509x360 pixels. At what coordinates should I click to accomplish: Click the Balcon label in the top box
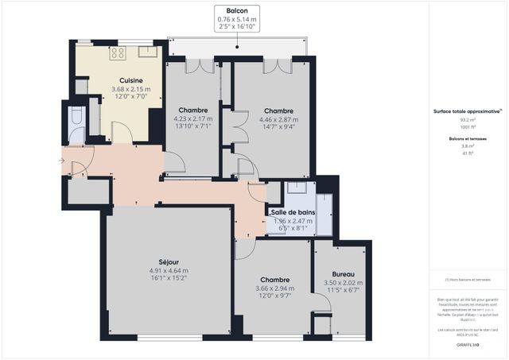click(x=236, y=11)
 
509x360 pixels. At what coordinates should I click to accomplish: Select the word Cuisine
click(x=131, y=81)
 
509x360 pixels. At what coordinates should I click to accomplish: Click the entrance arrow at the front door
click(x=62, y=161)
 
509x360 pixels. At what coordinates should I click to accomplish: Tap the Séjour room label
click(x=168, y=261)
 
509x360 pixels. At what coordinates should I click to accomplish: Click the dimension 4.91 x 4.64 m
click(x=168, y=271)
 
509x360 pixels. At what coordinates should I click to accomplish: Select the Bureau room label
click(x=343, y=273)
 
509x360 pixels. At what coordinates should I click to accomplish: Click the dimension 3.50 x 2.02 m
click(x=343, y=283)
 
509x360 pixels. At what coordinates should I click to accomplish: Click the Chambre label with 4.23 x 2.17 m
click(x=193, y=110)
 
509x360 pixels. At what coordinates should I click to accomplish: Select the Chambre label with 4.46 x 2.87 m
click(x=278, y=111)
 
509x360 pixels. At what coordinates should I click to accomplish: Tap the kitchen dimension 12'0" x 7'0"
click(x=131, y=97)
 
